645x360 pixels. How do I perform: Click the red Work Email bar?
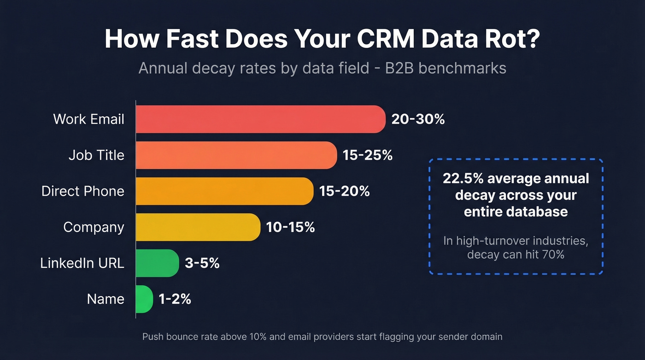tap(260, 119)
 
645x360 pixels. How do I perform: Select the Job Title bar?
tap(236, 155)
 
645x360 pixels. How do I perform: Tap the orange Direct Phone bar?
tap(224, 191)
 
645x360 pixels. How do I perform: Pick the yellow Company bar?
tap(198, 227)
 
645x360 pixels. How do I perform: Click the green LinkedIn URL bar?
tap(157, 263)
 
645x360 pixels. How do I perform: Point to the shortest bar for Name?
tap(144, 299)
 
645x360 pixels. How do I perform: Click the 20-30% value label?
tap(418, 119)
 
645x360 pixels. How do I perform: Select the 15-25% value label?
tap(367, 155)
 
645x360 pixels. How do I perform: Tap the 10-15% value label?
tap(290, 227)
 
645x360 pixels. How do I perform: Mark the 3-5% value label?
tap(202, 263)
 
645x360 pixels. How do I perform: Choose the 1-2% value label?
tap(175, 299)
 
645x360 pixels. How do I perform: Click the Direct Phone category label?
tap(83, 191)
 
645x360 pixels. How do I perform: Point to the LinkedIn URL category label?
tap(82, 263)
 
